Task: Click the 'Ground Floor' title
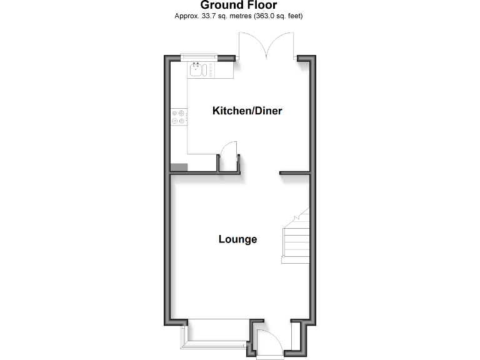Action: [239, 6]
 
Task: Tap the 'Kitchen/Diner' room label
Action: [247, 111]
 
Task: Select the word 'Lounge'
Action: [237, 239]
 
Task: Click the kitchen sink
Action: [197, 69]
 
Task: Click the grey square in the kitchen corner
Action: [179, 167]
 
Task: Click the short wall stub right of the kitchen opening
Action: [294, 172]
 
